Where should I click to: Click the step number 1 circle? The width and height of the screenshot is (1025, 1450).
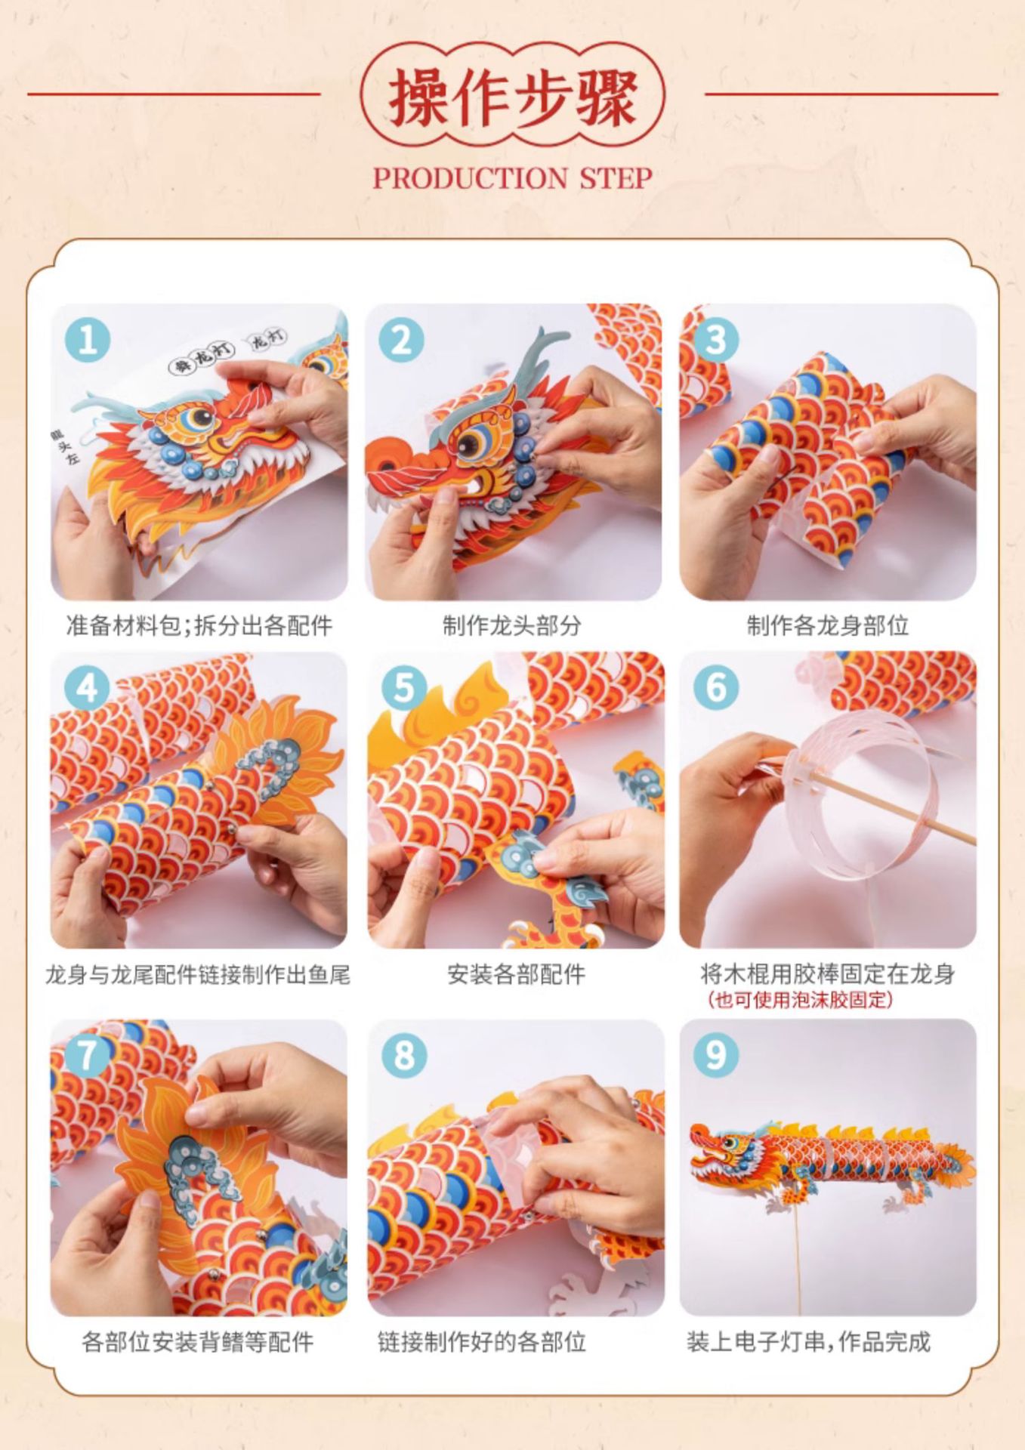(88, 340)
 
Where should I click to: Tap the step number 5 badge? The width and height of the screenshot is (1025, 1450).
(404, 688)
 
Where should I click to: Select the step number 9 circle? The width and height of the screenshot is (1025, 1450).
(716, 1055)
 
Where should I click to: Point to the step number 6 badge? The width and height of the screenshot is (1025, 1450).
(716, 688)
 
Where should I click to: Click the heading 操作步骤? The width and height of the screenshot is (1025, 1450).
(513, 97)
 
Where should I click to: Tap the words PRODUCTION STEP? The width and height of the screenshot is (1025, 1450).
(513, 178)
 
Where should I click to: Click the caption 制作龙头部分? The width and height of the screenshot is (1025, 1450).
(512, 625)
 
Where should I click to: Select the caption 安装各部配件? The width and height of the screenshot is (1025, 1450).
(516, 974)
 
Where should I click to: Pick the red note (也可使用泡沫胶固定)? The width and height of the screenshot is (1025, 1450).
(801, 1001)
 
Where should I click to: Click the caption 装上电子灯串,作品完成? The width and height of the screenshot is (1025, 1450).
(808, 1342)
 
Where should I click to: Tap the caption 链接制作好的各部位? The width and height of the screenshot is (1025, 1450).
(482, 1342)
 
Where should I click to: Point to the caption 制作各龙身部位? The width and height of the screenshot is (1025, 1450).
(828, 625)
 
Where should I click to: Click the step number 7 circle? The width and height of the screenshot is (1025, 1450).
(88, 1055)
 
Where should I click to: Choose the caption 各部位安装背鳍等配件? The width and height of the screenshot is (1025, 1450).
(197, 1342)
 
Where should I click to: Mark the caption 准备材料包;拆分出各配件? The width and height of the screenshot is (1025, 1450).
(199, 625)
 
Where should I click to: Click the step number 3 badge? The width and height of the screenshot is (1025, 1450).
(716, 340)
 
